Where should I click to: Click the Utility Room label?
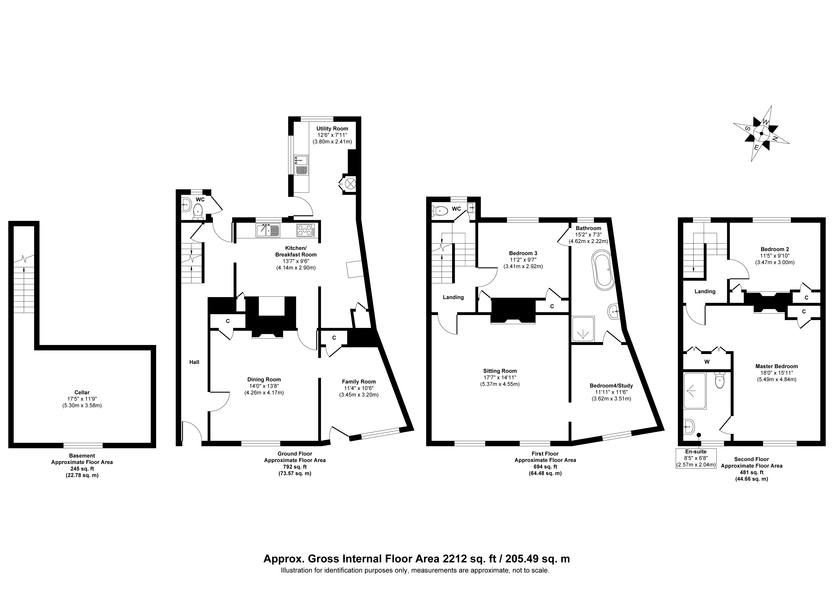(332, 129)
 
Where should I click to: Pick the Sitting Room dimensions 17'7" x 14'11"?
(500, 377)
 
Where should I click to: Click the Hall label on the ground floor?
(194, 362)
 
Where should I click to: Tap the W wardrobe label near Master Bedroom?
(707, 362)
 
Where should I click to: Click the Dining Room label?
(264, 380)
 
